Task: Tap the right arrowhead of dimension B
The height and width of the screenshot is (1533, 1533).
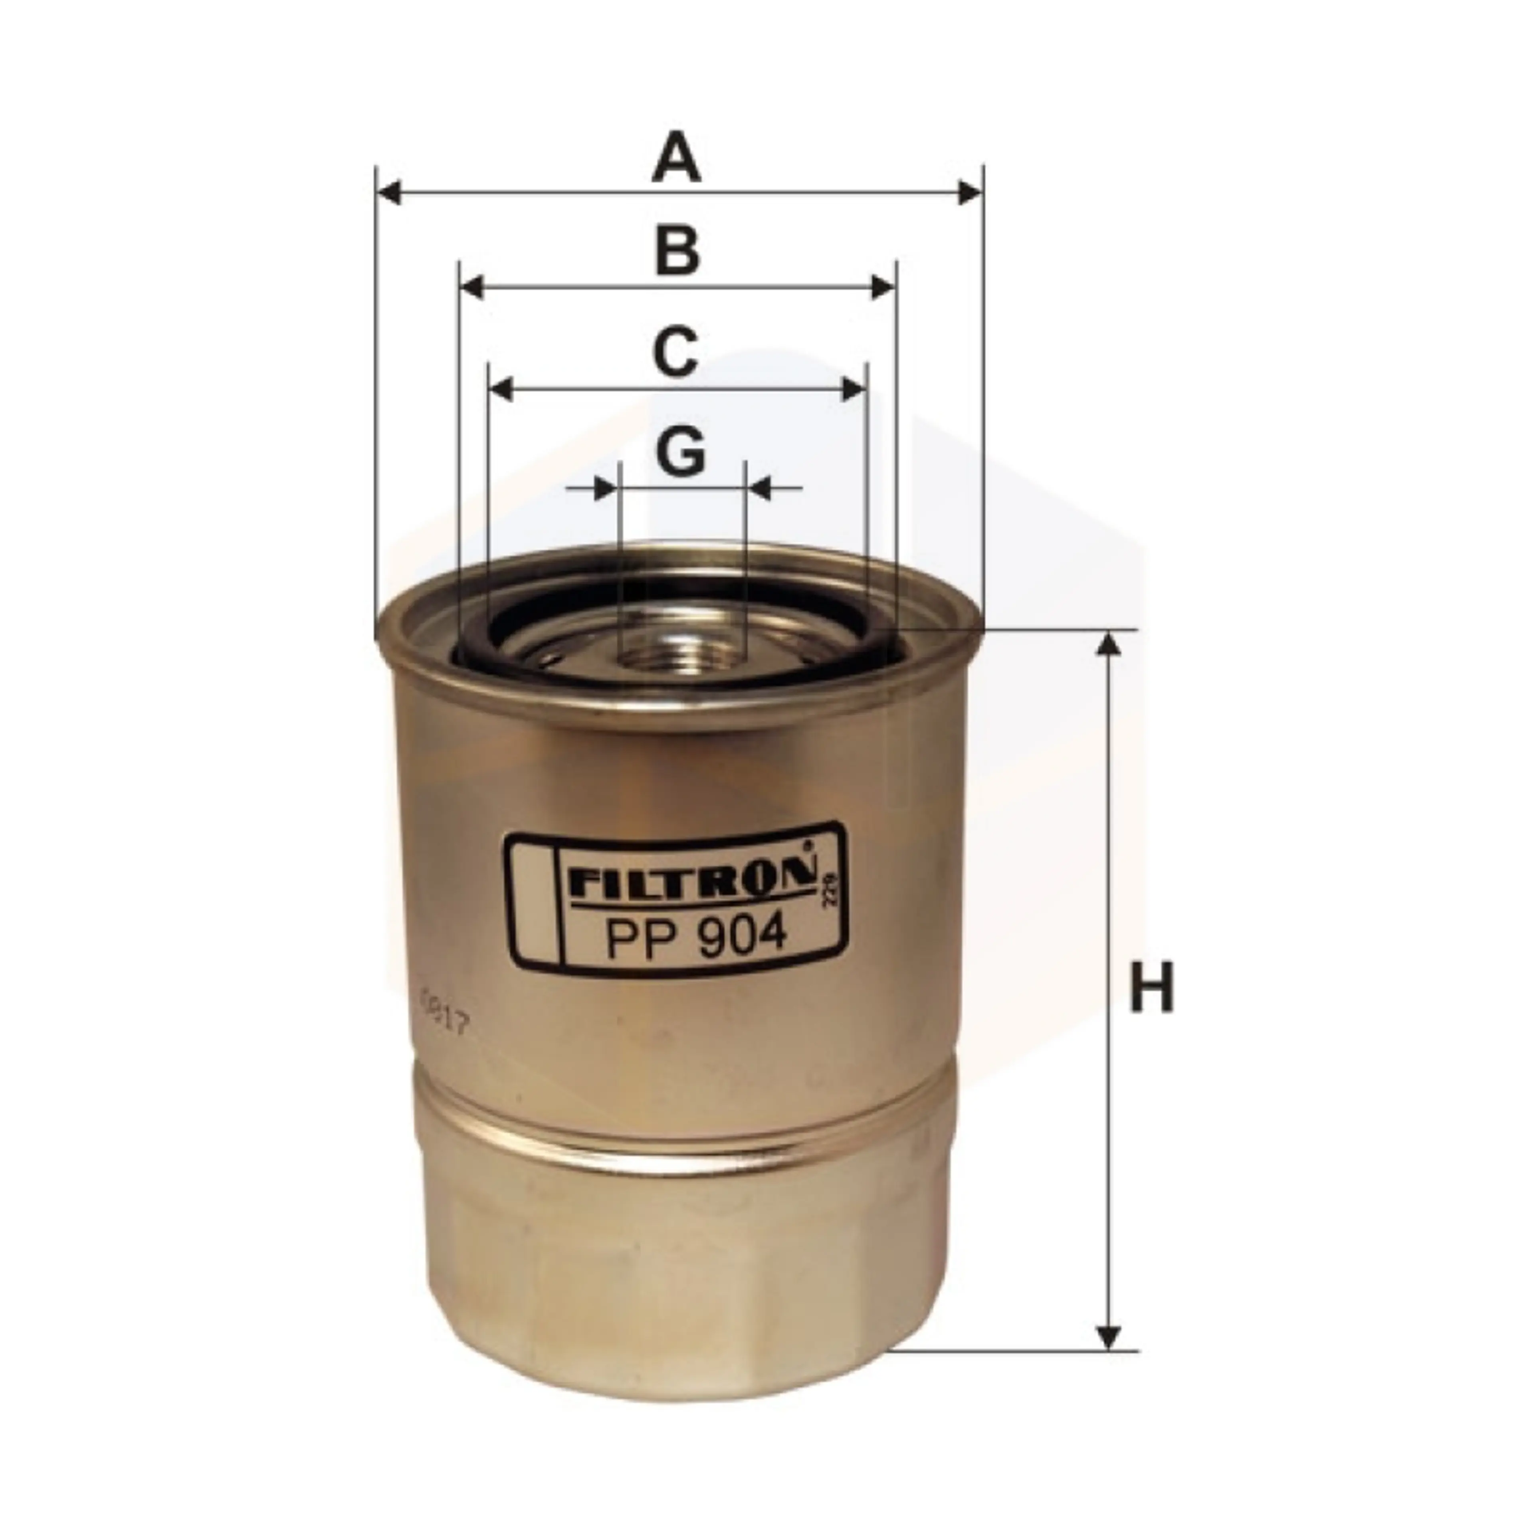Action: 882,287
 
